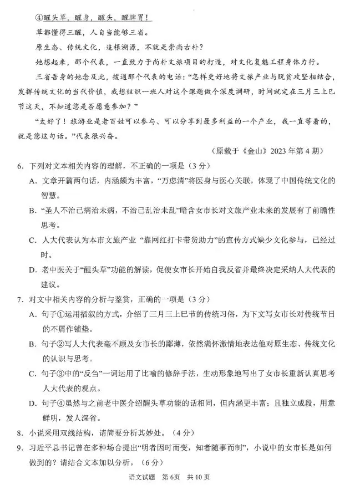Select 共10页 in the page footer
pyautogui.click(x=201, y=476)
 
